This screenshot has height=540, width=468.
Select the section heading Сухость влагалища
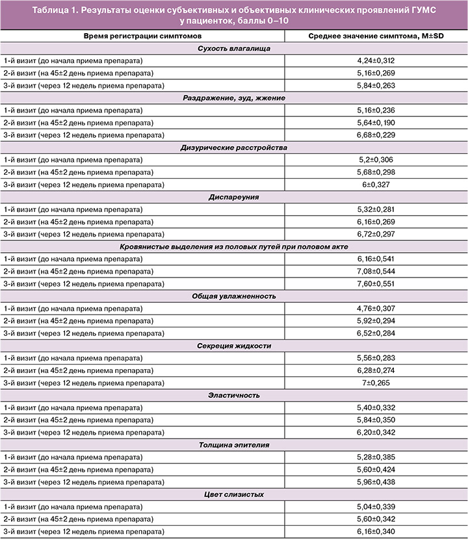(x=234, y=48)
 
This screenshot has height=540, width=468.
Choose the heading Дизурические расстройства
(x=234, y=147)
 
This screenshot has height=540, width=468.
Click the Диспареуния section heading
(x=234, y=196)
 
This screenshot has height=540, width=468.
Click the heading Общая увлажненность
(x=234, y=296)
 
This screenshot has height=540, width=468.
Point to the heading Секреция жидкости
(x=234, y=345)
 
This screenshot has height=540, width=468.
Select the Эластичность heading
(x=234, y=394)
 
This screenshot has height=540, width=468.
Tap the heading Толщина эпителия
(x=234, y=444)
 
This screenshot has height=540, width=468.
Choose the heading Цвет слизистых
(x=234, y=494)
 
